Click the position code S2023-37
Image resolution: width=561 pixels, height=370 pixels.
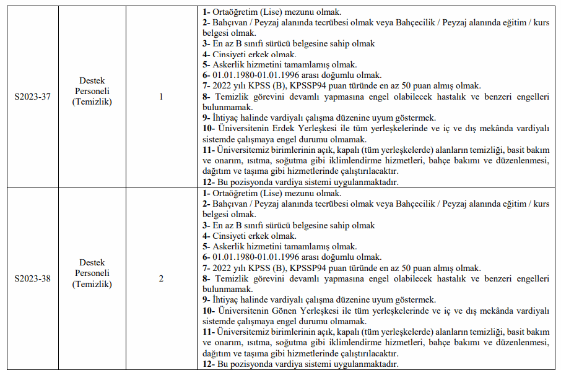[33, 97]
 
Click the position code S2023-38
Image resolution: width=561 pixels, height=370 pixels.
[33, 278]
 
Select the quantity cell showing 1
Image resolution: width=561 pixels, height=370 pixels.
[162, 97]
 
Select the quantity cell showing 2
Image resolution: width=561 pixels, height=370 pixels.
[162, 278]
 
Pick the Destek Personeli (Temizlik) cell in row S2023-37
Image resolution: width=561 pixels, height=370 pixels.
[92, 91]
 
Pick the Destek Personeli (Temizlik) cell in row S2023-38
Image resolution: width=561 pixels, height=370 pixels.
[92, 273]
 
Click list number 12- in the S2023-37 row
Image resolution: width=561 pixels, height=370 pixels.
[209, 182]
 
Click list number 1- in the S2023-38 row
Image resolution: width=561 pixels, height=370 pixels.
[206, 193]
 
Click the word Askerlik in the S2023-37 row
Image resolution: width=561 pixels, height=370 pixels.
[230, 64]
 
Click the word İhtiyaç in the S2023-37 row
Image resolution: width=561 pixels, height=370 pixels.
[227, 118]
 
